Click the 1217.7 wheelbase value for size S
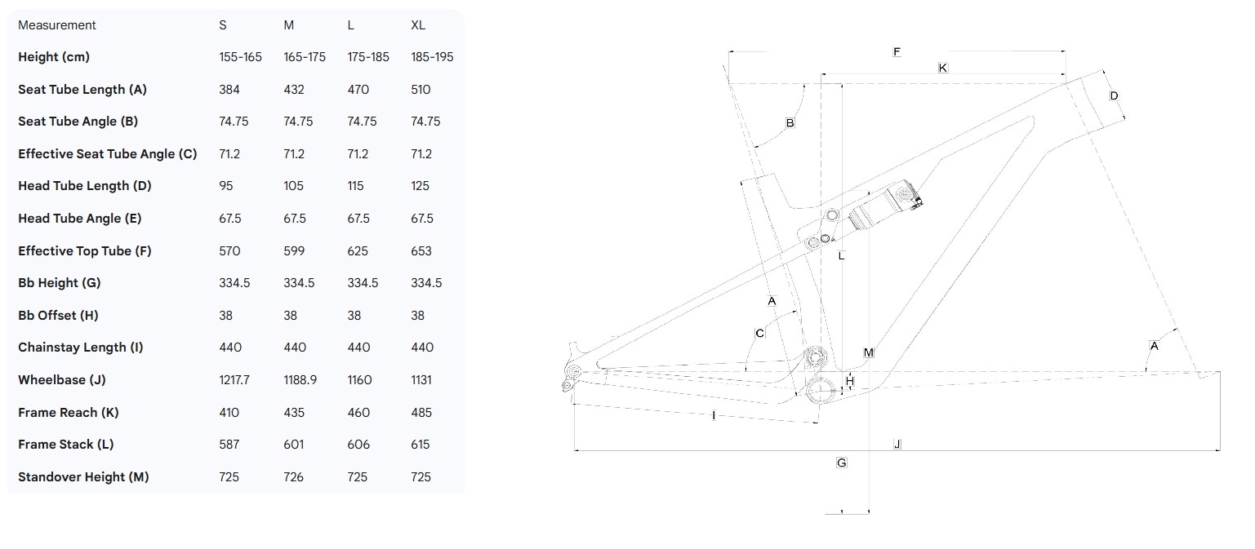(235, 379)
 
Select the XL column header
(418, 25)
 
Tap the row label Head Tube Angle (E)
(79, 218)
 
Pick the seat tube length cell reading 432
(294, 90)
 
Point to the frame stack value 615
(421, 445)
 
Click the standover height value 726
(293, 476)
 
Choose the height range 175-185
(368, 57)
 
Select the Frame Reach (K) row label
(68, 412)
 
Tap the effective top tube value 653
(421, 250)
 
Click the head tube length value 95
(226, 186)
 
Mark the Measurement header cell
(57, 25)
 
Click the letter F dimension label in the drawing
(897, 52)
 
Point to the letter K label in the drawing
(943, 68)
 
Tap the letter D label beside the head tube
(1114, 96)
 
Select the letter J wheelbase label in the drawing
(897, 444)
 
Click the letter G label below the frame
(842, 463)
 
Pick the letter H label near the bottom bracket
(850, 381)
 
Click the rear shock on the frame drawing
(882, 206)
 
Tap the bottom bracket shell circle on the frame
(820, 390)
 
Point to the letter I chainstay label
(714, 416)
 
